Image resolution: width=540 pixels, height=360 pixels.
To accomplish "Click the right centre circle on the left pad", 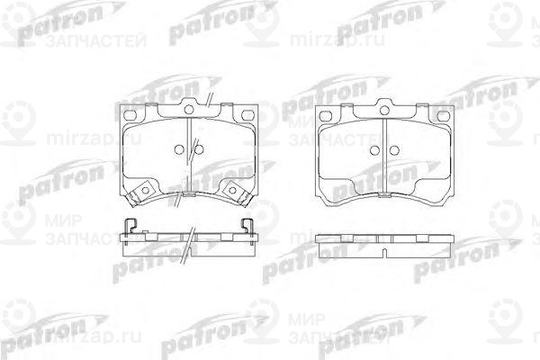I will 199,149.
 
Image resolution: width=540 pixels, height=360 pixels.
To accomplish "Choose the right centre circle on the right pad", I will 396,149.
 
